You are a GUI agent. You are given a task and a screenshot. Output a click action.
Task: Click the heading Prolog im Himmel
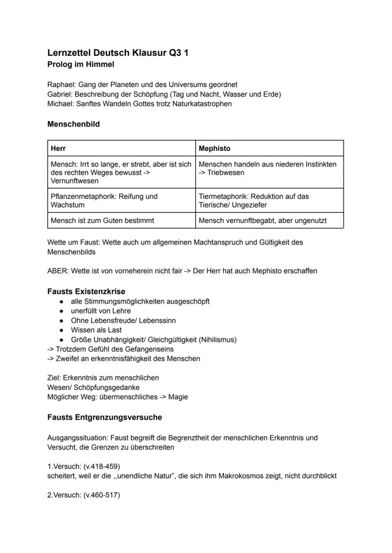(x=80, y=64)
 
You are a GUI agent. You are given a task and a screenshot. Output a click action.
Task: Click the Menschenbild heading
(x=73, y=124)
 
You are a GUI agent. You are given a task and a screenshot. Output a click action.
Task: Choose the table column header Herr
(x=58, y=149)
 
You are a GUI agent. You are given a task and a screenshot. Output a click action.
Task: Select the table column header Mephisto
(x=214, y=149)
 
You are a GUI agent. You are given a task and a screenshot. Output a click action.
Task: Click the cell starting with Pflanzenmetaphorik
(x=104, y=201)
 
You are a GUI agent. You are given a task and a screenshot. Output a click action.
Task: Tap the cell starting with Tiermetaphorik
(x=253, y=201)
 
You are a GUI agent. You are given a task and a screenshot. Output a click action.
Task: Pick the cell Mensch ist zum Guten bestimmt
(x=102, y=220)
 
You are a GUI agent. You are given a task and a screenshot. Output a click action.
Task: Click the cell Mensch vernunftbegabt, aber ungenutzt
(x=262, y=220)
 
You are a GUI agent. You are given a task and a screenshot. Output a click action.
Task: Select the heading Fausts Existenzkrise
(x=86, y=291)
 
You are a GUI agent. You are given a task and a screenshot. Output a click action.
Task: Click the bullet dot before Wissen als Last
(x=62, y=330)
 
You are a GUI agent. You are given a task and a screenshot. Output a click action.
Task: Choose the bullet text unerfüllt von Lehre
(x=101, y=311)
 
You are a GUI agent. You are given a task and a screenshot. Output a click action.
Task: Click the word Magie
(x=178, y=397)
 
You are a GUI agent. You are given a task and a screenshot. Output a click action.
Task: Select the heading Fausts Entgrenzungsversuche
(x=105, y=417)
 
